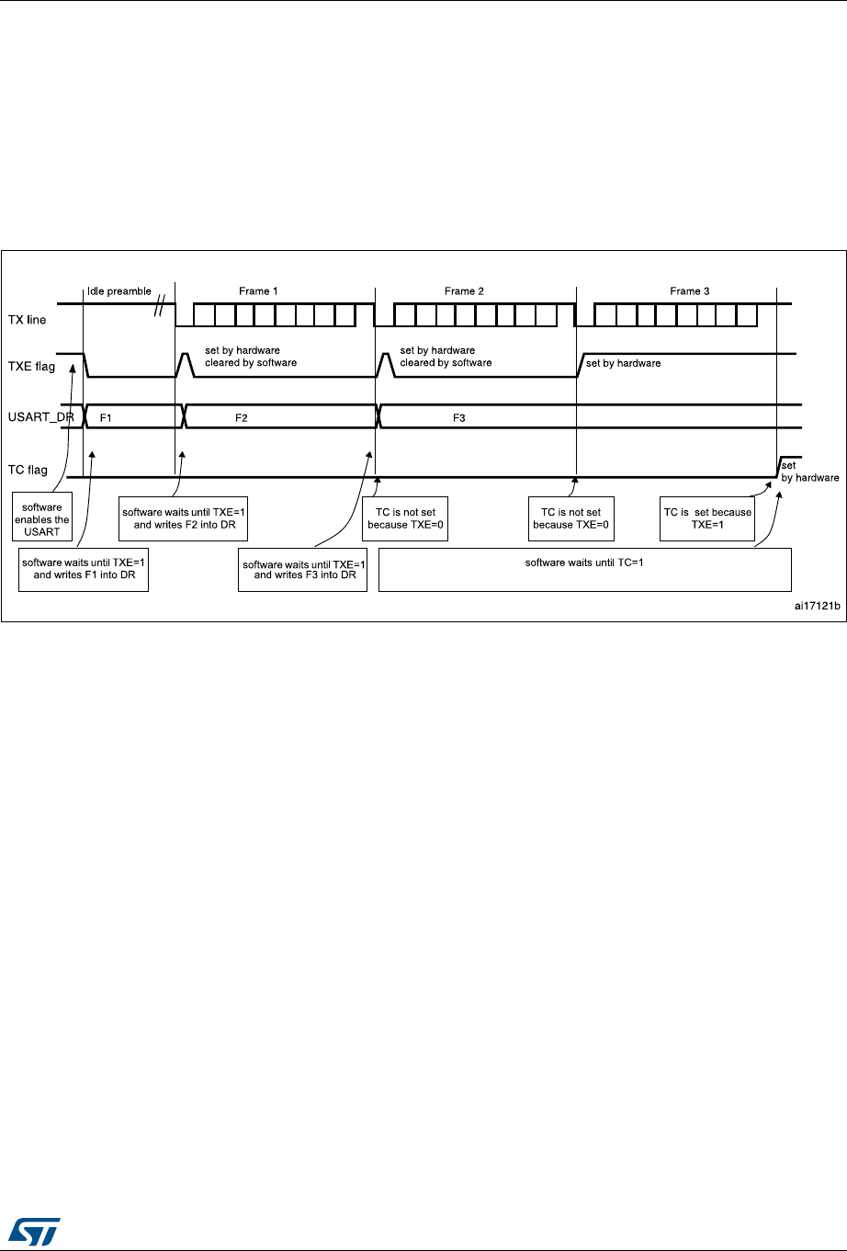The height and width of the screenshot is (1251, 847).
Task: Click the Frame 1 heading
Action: (260, 291)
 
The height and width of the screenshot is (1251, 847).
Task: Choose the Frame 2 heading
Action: (465, 291)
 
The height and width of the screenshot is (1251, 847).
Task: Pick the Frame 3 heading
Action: (689, 291)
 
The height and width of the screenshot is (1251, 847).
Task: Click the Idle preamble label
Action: (119, 291)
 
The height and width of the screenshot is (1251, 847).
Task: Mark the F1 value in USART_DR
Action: (106, 417)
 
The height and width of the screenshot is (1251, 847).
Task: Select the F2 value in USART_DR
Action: (242, 417)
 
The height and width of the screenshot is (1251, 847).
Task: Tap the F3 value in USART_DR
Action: (459, 417)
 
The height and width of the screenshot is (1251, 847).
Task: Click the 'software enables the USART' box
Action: (42, 519)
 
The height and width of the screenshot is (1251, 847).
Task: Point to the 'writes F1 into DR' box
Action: (84, 569)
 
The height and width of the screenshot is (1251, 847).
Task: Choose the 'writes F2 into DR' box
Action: (185, 518)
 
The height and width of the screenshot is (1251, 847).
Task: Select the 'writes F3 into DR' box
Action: (303, 569)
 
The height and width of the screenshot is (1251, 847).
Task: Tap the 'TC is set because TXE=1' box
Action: (707, 518)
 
